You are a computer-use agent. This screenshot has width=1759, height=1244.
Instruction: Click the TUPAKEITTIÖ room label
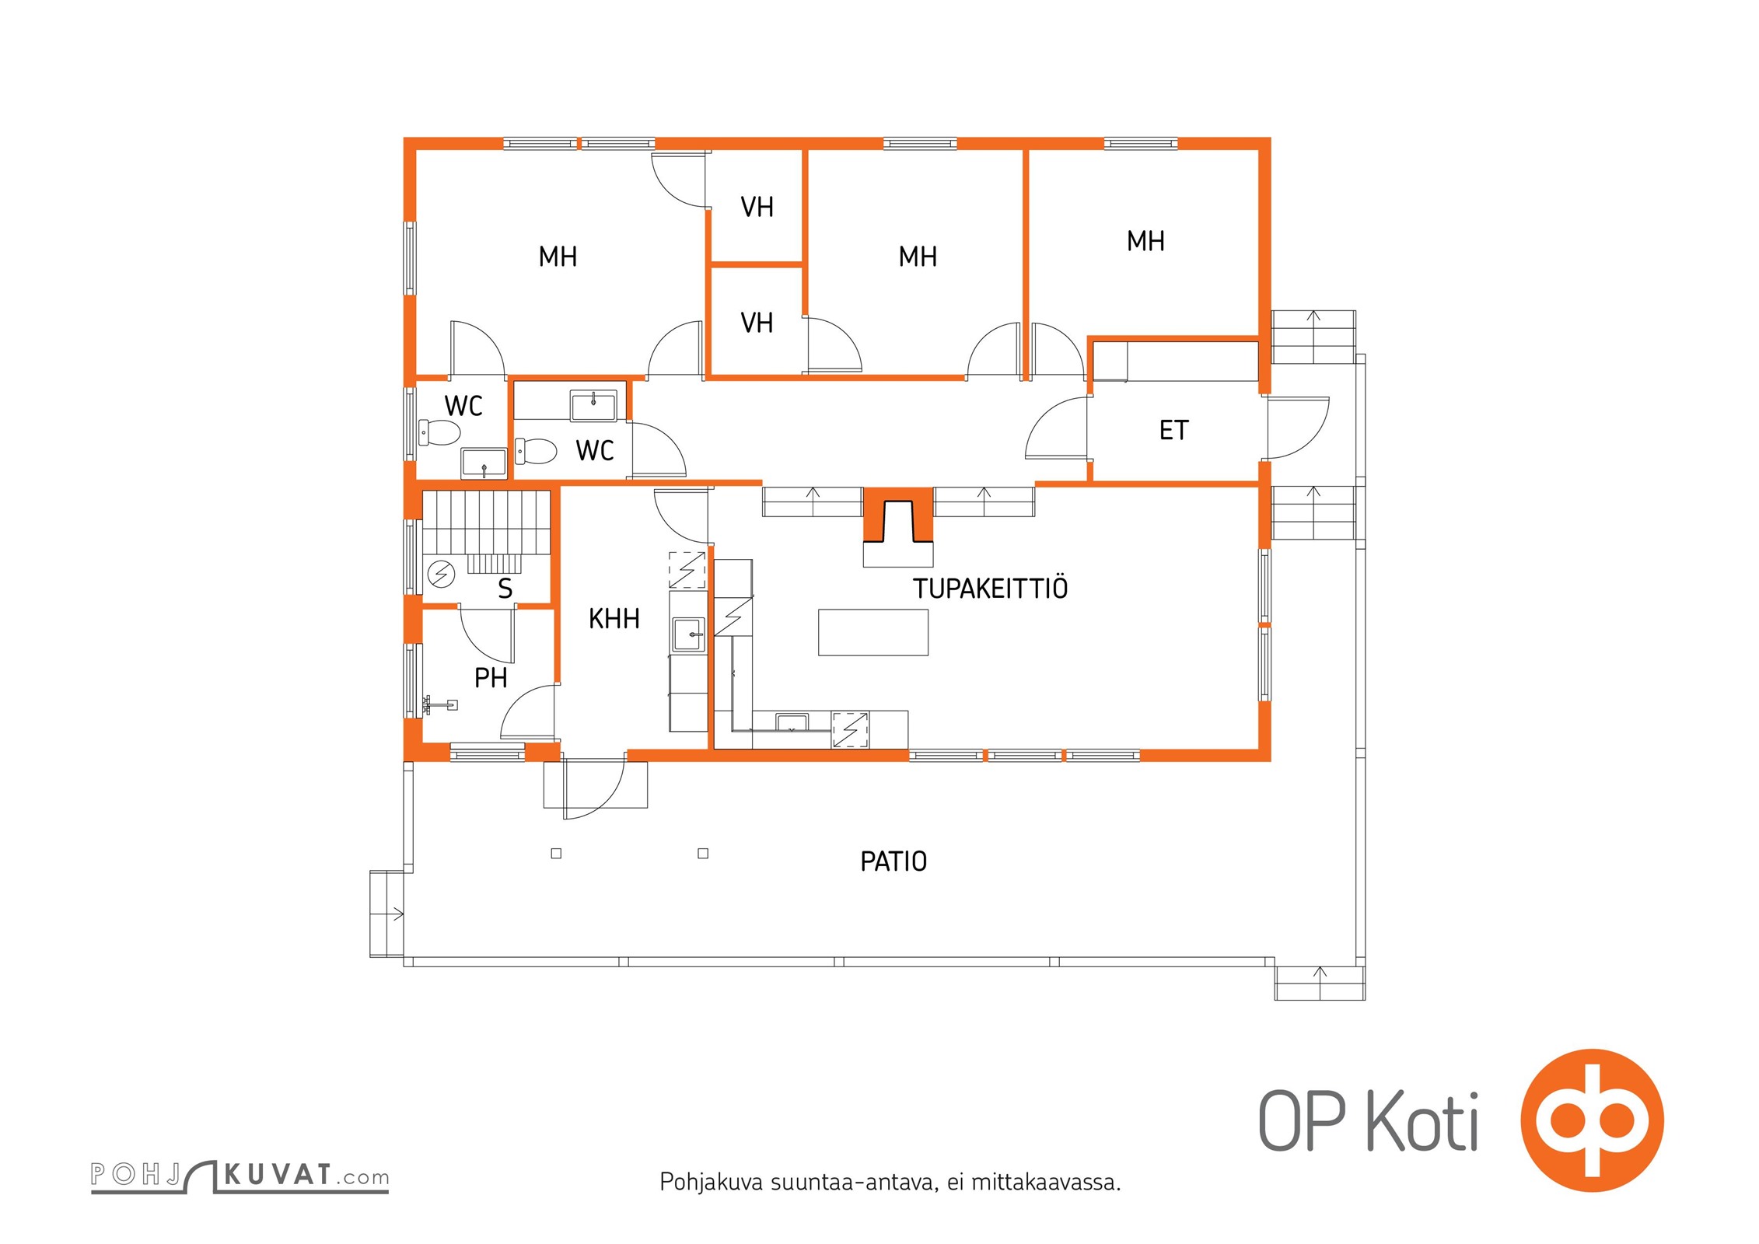click(x=990, y=589)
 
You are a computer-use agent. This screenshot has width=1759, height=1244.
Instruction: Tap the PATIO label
click(x=893, y=861)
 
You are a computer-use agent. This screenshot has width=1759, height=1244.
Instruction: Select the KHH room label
click(x=614, y=619)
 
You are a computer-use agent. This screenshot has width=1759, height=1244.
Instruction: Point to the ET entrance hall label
click(x=1173, y=430)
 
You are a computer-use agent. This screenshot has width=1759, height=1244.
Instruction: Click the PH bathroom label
click(x=491, y=678)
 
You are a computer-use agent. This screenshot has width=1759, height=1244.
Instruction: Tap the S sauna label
click(x=505, y=589)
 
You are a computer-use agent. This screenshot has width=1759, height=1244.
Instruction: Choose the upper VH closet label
click(x=757, y=207)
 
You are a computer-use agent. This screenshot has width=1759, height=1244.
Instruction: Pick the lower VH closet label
click(x=757, y=323)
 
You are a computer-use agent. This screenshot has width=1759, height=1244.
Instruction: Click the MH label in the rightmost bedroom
click(x=1145, y=241)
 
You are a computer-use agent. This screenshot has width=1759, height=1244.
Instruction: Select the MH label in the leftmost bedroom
click(x=558, y=257)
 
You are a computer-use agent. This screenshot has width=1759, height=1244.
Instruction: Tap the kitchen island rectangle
click(x=873, y=632)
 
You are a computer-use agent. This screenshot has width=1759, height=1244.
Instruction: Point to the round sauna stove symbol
click(x=442, y=574)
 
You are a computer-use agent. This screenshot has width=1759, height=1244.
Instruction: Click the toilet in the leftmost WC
click(x=439, y=432)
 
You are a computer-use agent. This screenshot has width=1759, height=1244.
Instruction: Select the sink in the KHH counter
click(x=688, y=634)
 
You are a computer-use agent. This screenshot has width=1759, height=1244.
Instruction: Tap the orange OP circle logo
click(x=1592, y=1120)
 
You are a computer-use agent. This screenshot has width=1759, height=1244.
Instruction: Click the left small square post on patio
click(x=556, y=854)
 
